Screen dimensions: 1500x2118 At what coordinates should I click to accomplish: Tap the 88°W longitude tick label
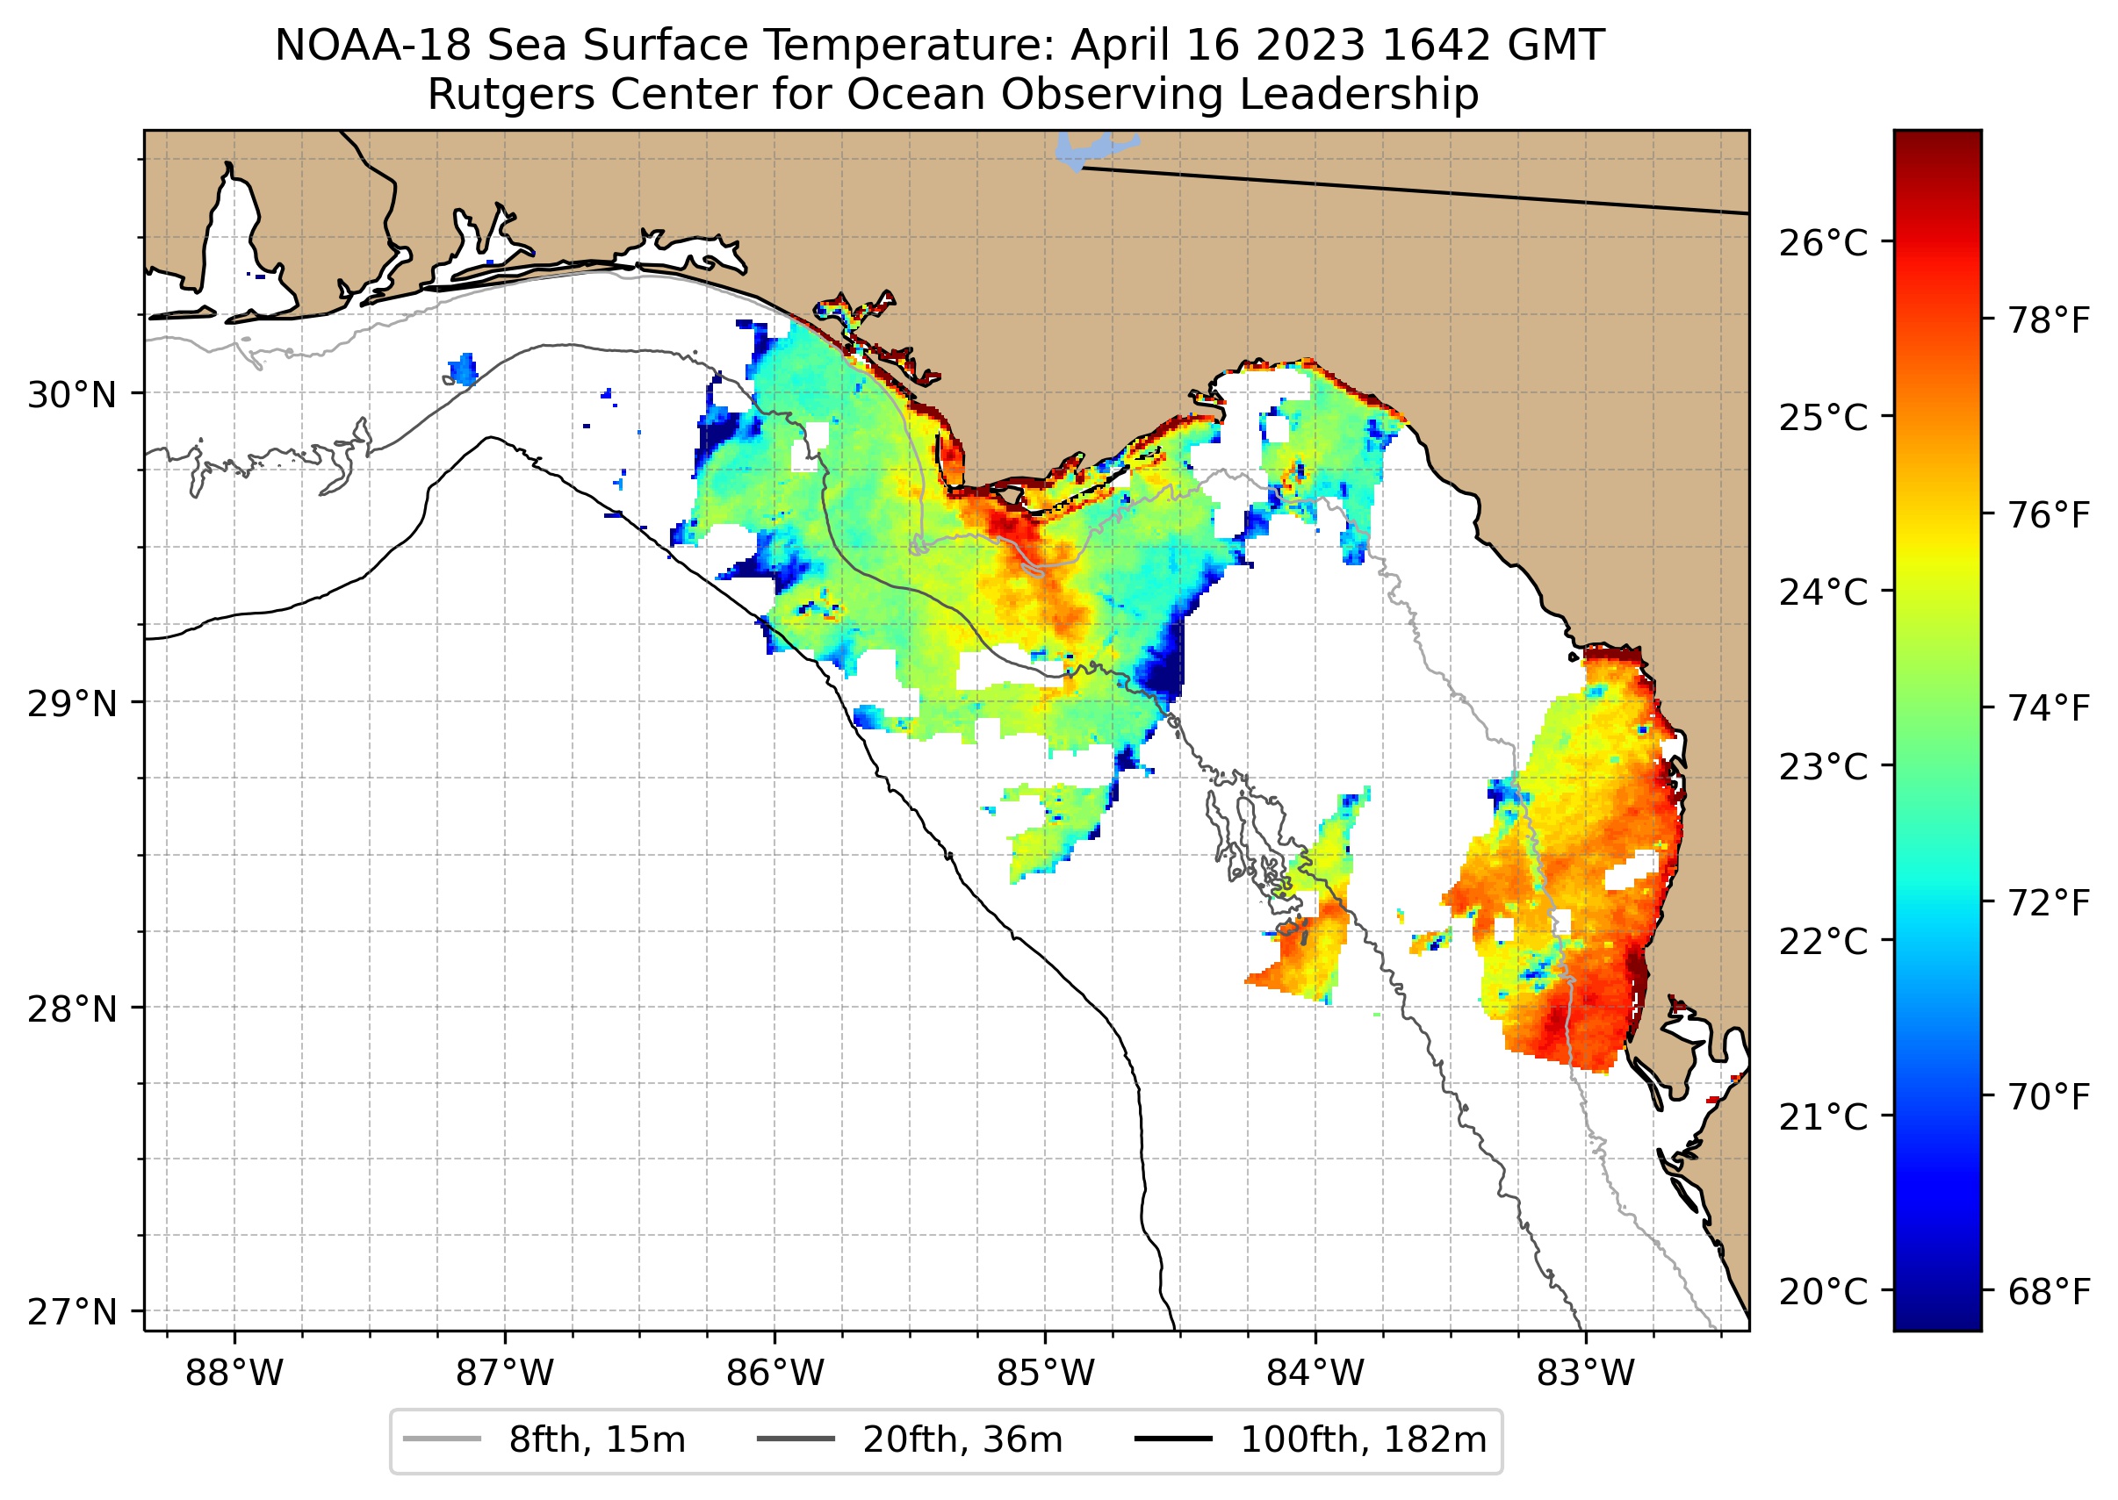[x=234, y=1374]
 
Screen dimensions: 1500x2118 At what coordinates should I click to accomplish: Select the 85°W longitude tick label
[x=1045, y=1374]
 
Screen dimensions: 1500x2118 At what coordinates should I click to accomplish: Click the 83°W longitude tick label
[x=1586, y=1374]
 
